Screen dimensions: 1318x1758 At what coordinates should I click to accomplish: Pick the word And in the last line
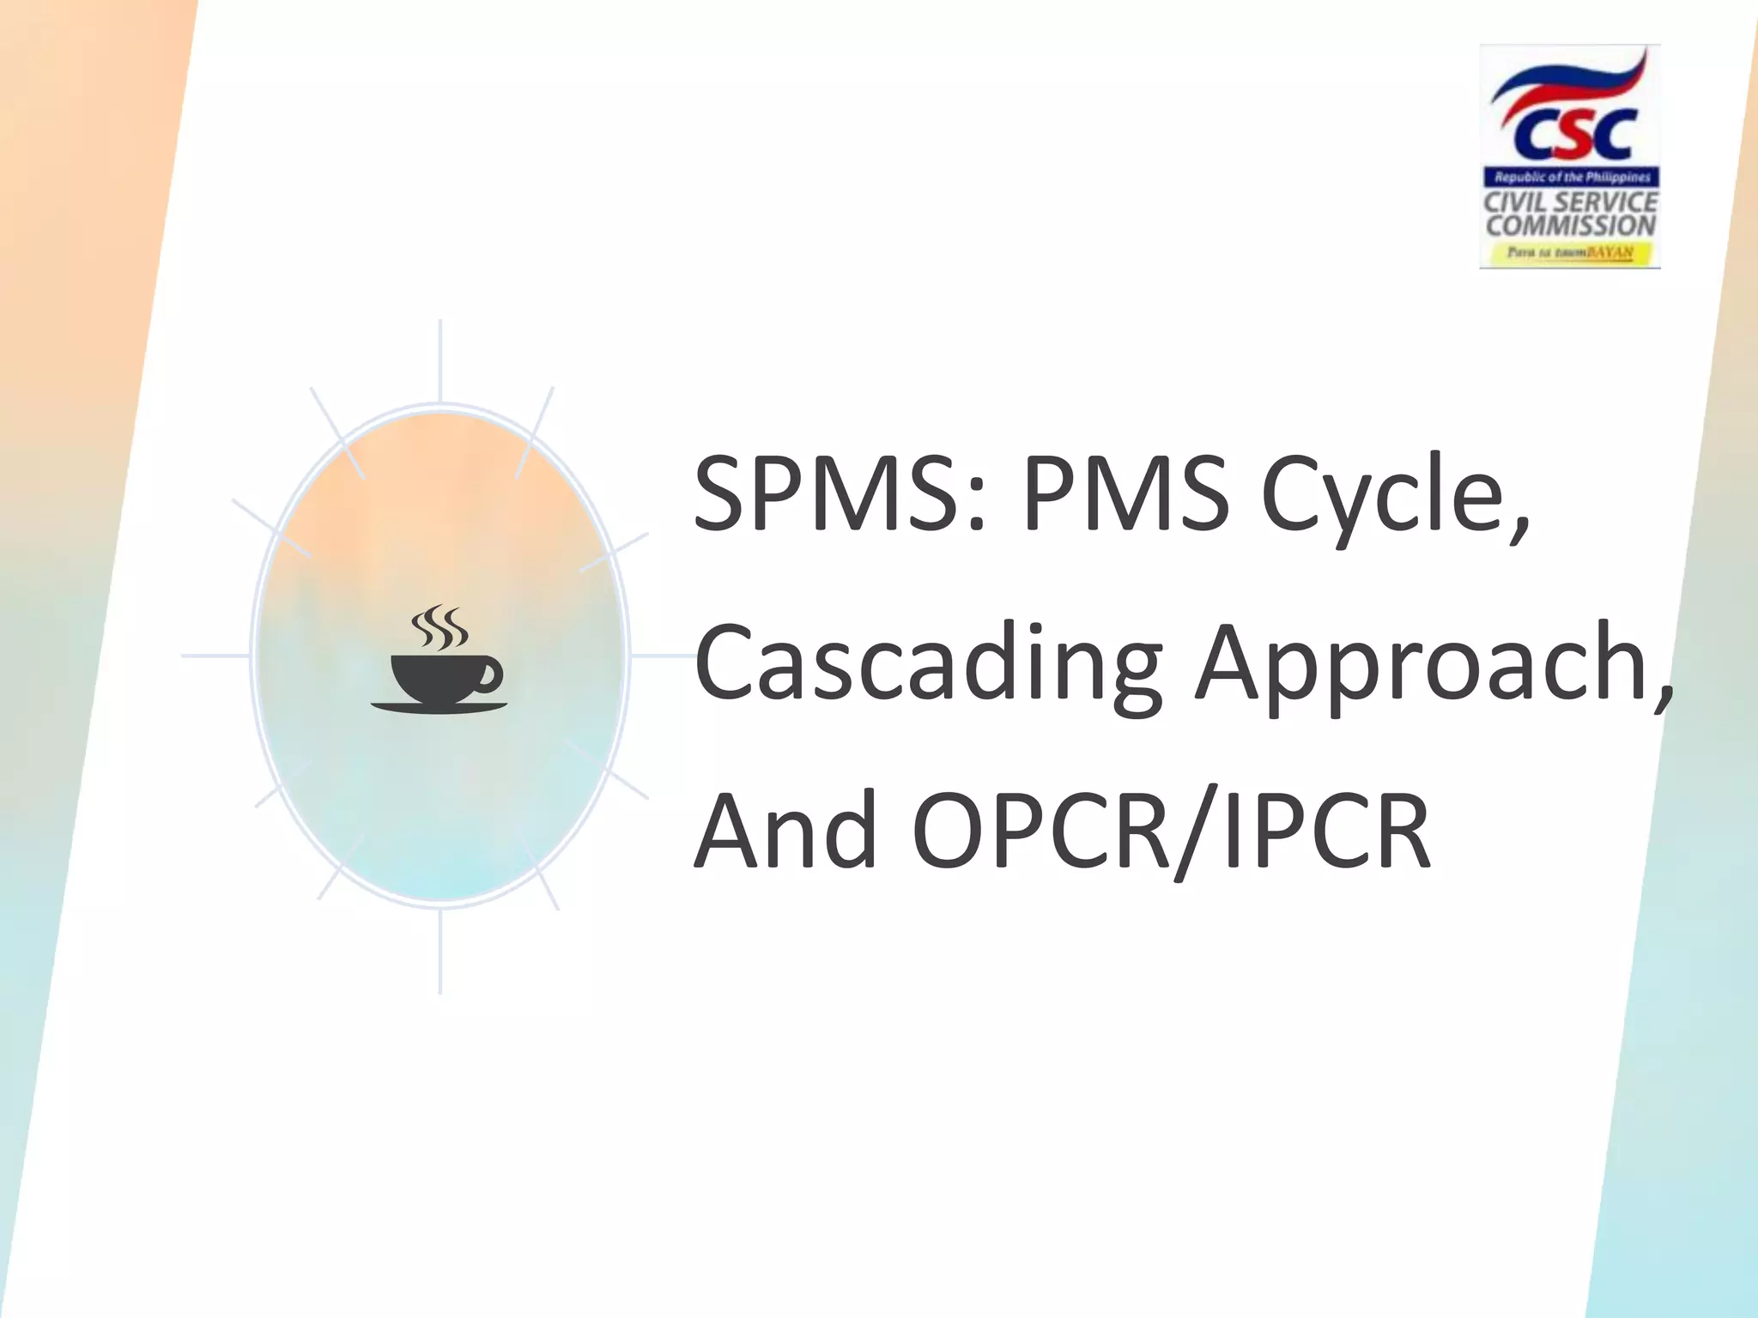click(x=785, y=831)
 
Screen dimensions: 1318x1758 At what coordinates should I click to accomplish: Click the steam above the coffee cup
click(x=439, y=627)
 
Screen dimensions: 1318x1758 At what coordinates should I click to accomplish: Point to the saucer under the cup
click(x=439, y=707)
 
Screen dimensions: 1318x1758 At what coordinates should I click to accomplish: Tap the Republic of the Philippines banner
click(x=1572, y=178)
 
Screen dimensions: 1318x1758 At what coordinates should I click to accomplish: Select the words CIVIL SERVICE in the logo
click(x=1571, y=203)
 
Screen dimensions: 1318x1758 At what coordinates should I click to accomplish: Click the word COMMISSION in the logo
click(x=1571, y=226)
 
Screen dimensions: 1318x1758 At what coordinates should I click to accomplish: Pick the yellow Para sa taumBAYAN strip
click(x=1571, y=253)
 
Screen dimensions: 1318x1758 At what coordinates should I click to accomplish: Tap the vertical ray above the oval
click(x=440, y=360)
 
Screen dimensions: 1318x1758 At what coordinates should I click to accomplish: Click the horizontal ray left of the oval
click(x=215, y=656)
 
